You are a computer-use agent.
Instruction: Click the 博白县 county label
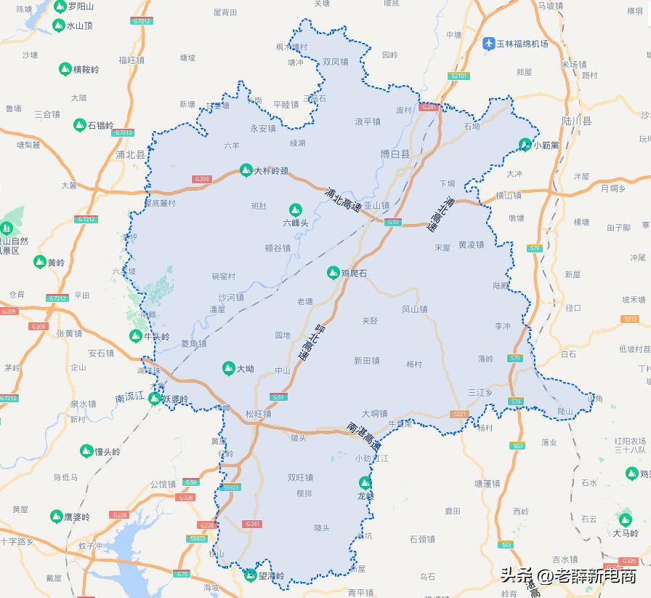click(x=395, y=154)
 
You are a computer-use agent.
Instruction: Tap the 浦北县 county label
click(x=131, y=155)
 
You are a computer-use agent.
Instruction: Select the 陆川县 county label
click(x=578, y=121)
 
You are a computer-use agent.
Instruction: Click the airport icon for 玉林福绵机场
click(x=489, y=44)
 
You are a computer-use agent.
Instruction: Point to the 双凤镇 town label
click(x=336, y=63)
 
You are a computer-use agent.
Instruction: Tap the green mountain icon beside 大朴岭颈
click(x=246, y=171)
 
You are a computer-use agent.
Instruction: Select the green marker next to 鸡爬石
click(x=333, y=273)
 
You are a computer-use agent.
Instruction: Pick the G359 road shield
click(x=202, y=179)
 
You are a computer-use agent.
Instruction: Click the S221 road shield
click(x=459, y=414)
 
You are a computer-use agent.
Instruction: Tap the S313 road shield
click(x=630, y=319)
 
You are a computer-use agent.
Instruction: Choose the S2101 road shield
click(x=460, y=76)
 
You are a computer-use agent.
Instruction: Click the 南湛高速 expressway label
click(x=364, y=434)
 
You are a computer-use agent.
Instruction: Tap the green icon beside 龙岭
click(x=365, y=482)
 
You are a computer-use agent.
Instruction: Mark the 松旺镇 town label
click(x=258, y=414)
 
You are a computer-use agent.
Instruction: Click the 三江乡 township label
click(x=480, y=392)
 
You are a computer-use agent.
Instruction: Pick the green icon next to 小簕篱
click(x=525, y=144)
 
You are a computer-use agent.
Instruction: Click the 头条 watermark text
click(x=516, y=576)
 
